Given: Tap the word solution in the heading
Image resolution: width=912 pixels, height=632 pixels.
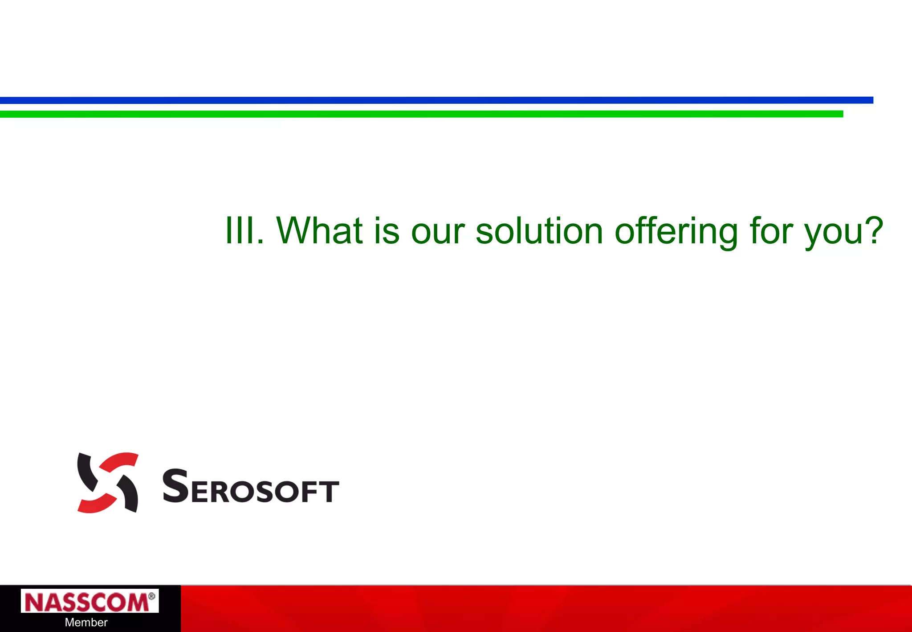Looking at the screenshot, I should pos(539,230).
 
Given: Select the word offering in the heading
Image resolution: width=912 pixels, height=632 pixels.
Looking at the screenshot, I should pos(676,230).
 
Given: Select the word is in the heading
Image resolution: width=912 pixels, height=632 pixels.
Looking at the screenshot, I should pos(386,230).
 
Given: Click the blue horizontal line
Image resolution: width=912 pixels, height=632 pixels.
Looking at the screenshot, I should pos(436,100).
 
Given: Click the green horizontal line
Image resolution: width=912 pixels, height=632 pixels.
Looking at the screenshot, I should pos(421,114).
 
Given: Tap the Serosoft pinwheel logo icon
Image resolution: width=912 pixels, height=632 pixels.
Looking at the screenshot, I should pos(107,483).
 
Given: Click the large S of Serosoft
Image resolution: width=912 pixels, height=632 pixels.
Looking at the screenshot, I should pos(175,486).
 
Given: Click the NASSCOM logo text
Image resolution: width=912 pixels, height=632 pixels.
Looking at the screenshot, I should pos(87,603).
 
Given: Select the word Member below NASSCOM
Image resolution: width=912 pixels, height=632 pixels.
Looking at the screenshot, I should pos(86,622).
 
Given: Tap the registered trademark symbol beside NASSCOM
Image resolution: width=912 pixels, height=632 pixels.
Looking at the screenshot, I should pos(151,596).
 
